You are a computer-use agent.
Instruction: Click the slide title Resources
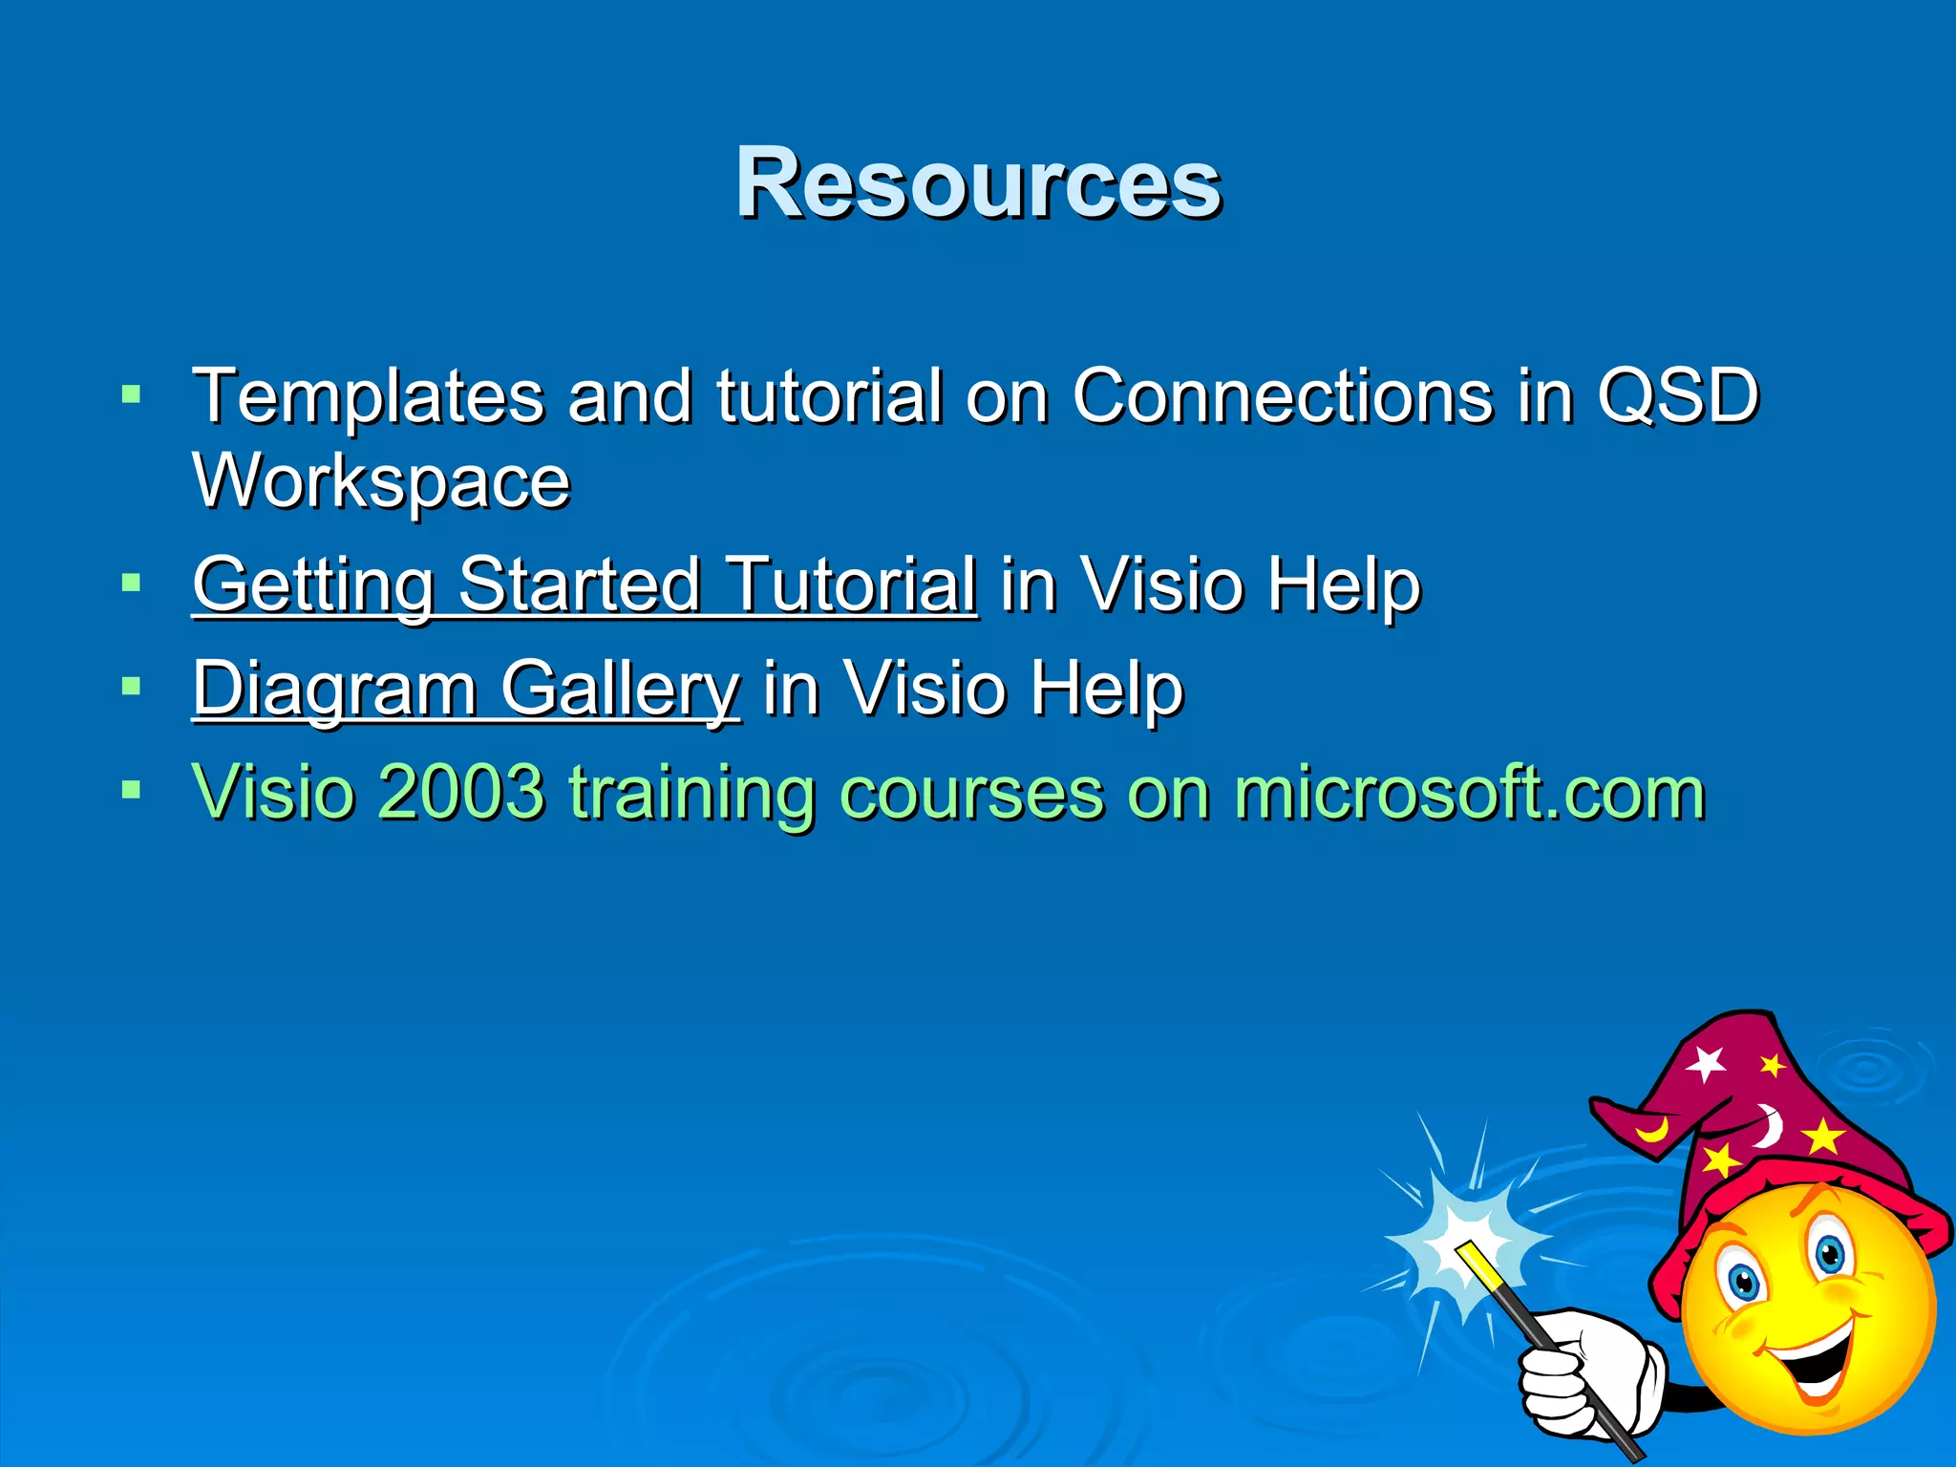(x=978, y=183)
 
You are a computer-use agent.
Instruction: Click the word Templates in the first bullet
(x=368, y=396)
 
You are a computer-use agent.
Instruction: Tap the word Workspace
(x=381, y=481)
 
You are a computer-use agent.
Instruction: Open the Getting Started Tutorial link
(x=585, y=585)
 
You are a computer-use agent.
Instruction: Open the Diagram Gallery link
(x=466, y=688)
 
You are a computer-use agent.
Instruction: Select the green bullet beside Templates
(x=132, y=393)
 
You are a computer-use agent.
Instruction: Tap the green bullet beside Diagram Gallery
(x=132, y=686)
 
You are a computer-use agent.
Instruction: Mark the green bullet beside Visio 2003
(x=132, y=790)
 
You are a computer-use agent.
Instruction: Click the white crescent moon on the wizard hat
(x=1770, y=1124)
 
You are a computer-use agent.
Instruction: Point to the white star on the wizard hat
(x=1706, y=1063)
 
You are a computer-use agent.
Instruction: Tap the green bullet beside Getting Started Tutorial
(x=132, y=582)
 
